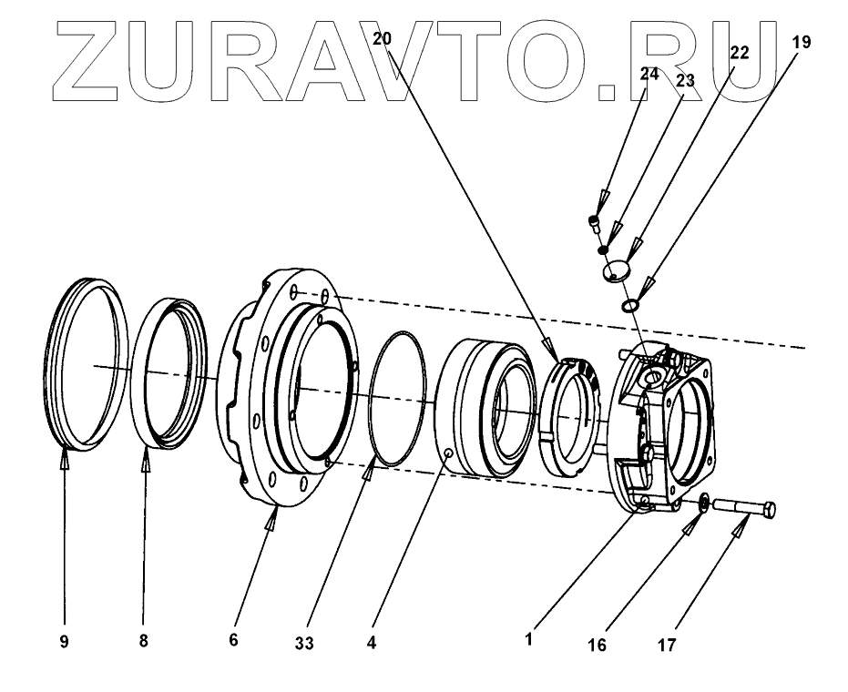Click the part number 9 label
coord(65,641)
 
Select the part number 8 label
coord(143,641)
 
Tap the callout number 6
coord(233,641)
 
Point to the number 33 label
coord(304,643)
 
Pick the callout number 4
coord(372,642)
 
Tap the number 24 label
coord(649,76)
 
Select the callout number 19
coord(801,42)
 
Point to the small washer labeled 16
coord(705,502)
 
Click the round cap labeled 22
coord(618,271)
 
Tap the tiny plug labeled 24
coord(595,220)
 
